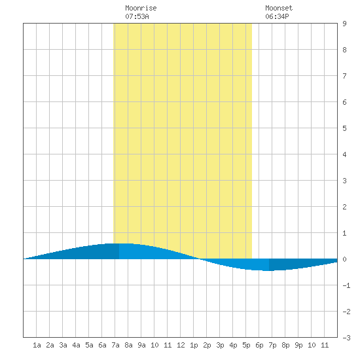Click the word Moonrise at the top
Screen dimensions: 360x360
point(141,8)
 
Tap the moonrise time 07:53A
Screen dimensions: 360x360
point(137,16)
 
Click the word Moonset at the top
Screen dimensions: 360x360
point(279,8)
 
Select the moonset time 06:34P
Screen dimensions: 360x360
point(277,16)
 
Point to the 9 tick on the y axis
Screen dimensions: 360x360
point(344,24)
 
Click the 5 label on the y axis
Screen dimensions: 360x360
point(344,128)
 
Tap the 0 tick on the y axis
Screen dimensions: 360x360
point(344,259)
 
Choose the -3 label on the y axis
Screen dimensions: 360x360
point(346,338)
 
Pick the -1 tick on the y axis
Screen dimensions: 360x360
point(346,285)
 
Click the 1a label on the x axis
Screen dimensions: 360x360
point(37,345)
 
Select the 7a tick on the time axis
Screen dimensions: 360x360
point(115,345)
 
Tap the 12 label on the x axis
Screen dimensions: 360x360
point(181,345)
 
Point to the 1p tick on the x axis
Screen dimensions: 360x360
point(194,345)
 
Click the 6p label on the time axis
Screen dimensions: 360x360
point(259,345)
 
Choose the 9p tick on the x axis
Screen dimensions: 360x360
point(298,345)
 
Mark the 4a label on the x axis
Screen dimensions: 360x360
point(76,345)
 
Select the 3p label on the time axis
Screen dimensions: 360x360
point(220,345)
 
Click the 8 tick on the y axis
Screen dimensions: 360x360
point(344,50)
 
